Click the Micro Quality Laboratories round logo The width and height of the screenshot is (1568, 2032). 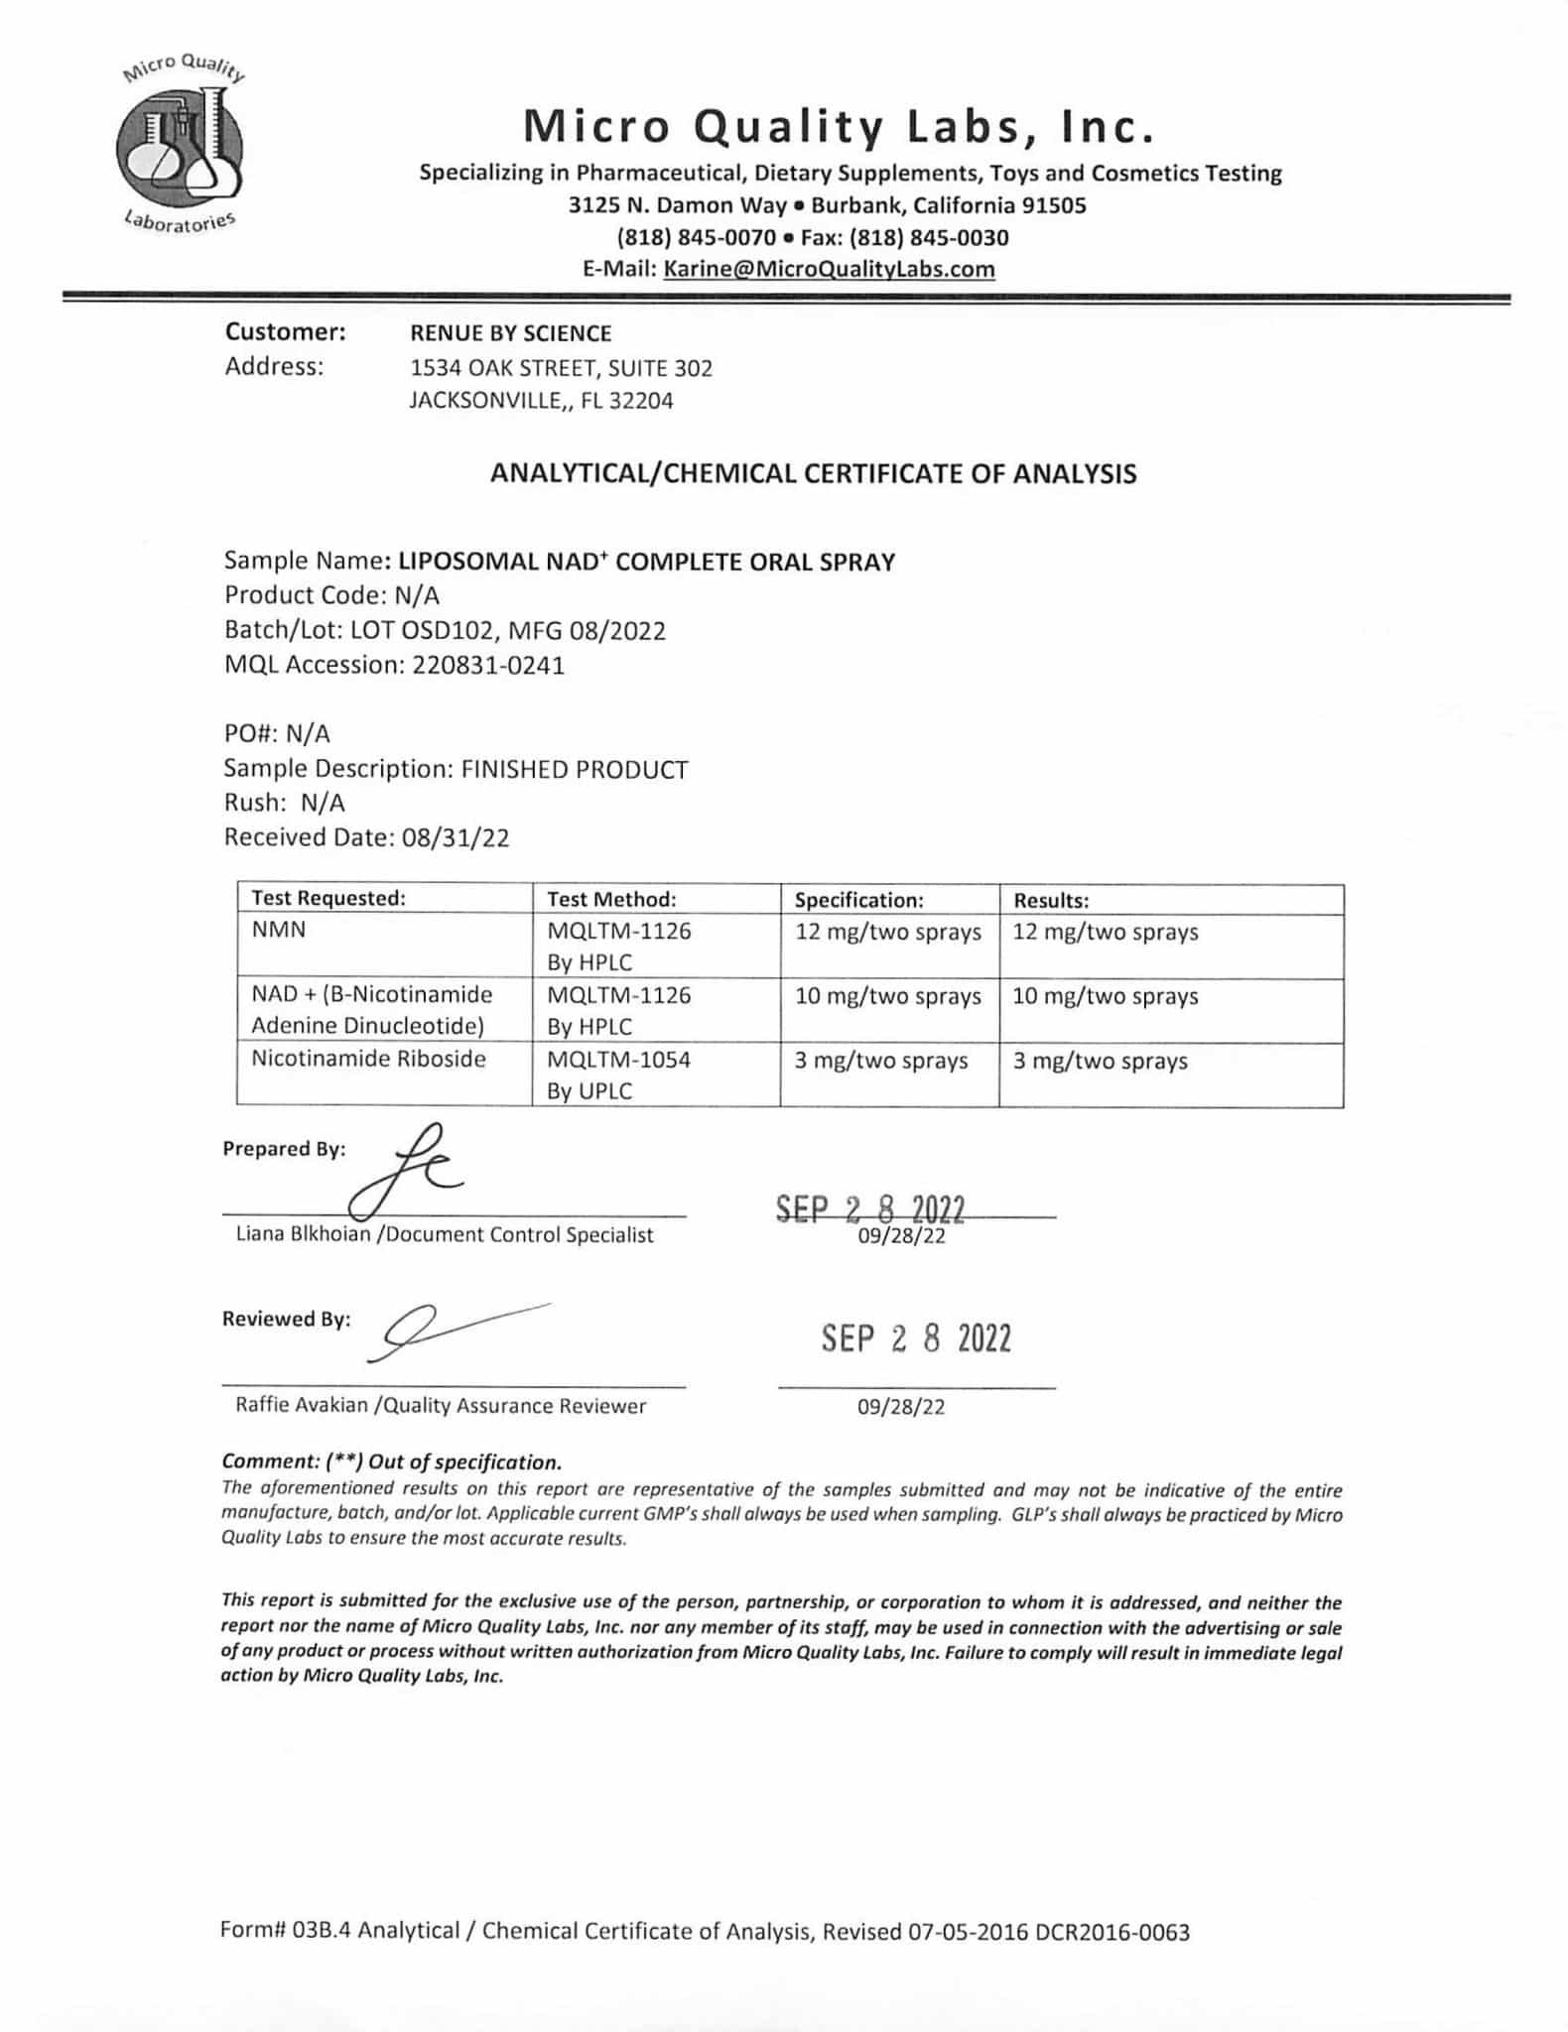click(180, 146)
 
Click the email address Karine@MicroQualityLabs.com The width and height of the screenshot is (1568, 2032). click(829, 269)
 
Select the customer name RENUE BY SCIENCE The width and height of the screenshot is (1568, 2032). click(510, 333)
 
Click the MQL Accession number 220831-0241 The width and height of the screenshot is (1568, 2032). click(487, 665)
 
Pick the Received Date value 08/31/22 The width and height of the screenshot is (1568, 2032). click(456, 837)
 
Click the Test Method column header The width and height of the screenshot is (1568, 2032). click(611, 899)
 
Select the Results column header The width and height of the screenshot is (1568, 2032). click(1051, 901)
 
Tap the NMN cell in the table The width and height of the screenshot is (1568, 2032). click(279, 931)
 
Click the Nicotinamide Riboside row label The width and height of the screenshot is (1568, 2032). click(368, 1059)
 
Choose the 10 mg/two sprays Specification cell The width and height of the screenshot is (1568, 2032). click(887, 996)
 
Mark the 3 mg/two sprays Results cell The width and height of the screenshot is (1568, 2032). click(1100, 1062)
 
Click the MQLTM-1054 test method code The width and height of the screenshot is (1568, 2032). click(618, 1060)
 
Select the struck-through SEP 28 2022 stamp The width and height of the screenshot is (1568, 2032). click(869, 1209)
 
